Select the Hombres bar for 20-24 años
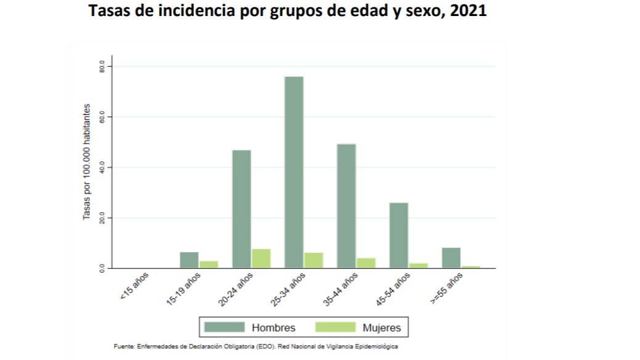(241, 209)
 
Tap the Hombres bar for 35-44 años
(346, 206)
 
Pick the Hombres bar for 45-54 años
(399, 235)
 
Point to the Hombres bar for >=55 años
(451, 258)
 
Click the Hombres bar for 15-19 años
(189, 260)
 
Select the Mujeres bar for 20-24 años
(261, 258)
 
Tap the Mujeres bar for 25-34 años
(314, 260)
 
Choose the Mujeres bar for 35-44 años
(366, 263)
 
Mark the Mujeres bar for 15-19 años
(209, 264)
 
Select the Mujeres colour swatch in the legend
(335, 327)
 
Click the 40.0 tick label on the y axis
(102, 167)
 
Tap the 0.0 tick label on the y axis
(102, 268)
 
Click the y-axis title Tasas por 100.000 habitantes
(87, 162)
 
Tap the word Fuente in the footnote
(124, 346)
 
